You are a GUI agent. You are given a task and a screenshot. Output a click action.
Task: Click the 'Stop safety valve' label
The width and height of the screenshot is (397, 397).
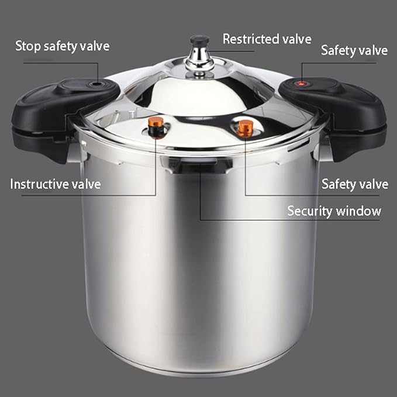pyautogui.click(x=62, y=46)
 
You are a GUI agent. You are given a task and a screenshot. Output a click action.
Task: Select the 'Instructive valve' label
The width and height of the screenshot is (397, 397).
pyautogui.click(x=56, y=184)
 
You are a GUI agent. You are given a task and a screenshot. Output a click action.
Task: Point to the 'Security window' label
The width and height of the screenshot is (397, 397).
pyautogui.click(x=334, y=210)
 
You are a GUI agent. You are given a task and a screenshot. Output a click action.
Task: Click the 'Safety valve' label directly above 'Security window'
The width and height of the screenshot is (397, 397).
pyautogui.click(x=354, y=184)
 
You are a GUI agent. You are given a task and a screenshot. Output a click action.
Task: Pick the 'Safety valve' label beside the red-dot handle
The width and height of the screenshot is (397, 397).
pyautogui.click(x=354, y=50)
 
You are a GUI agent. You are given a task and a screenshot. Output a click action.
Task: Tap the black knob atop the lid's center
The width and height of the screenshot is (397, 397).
pyautogui.click(x=199, y=40)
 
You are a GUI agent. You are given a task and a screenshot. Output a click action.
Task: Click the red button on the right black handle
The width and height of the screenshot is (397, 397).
pyautogui.click(x=302, y=84)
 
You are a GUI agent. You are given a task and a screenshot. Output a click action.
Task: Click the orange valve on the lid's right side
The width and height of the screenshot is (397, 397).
pyautogui.click(x=246, y=127)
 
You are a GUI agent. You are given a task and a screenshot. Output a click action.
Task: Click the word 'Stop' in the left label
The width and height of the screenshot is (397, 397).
pyautogui.click(x=28, y=46)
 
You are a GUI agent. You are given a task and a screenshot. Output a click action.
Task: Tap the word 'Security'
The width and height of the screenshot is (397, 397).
pyautogui.click(x=310, y=210)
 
